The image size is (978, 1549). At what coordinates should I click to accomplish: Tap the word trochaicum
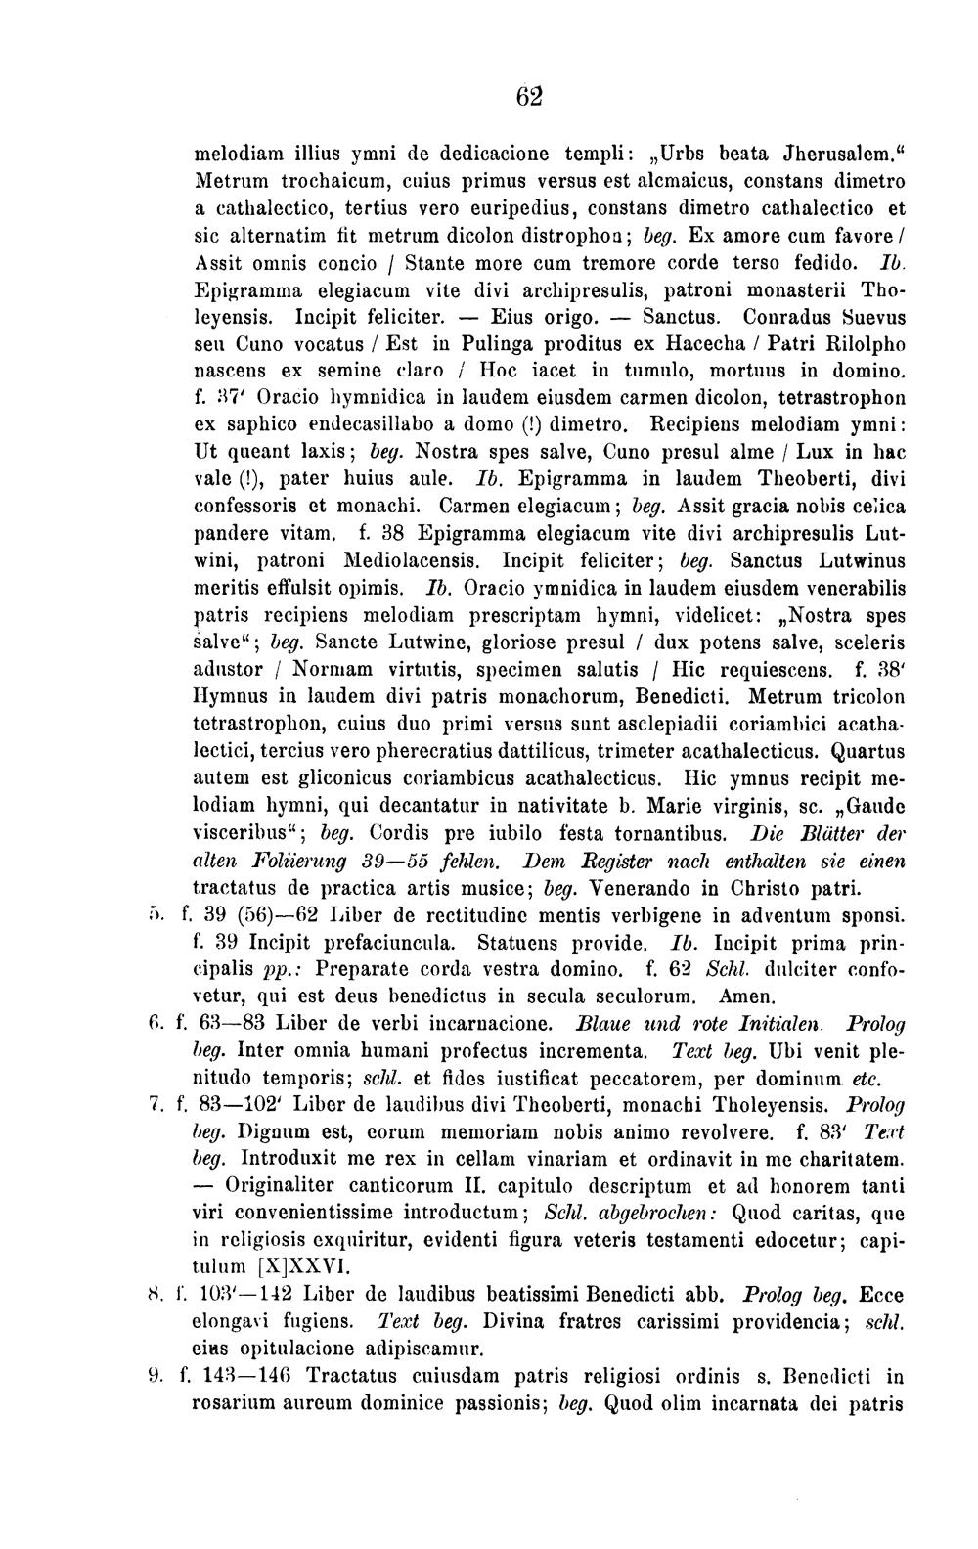311,181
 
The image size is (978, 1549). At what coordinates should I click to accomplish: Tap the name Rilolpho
849,344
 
